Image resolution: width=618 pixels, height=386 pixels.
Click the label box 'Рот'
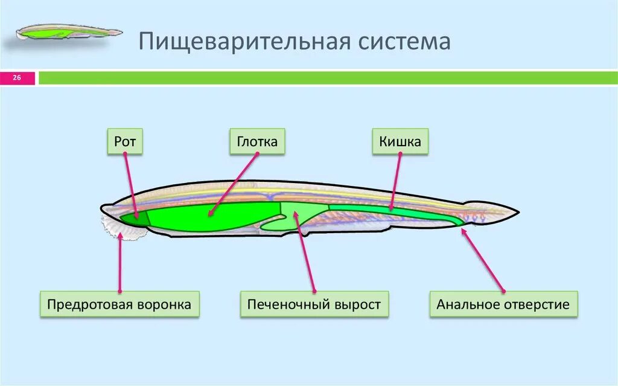pos(125,142)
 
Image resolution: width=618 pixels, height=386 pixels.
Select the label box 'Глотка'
pos(257,142)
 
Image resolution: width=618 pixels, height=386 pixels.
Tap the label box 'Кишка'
pos(400,142)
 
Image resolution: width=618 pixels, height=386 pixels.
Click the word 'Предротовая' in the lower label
pos(88,304)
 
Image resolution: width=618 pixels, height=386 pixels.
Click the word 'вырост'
pos(356,304)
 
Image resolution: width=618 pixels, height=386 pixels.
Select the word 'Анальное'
pos(464,304)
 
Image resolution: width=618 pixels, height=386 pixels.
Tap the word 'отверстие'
pos(537,304)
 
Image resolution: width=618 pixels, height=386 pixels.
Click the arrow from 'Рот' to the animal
pos(131,184)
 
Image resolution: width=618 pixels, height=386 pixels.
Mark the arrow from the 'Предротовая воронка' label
pos(120,263)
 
